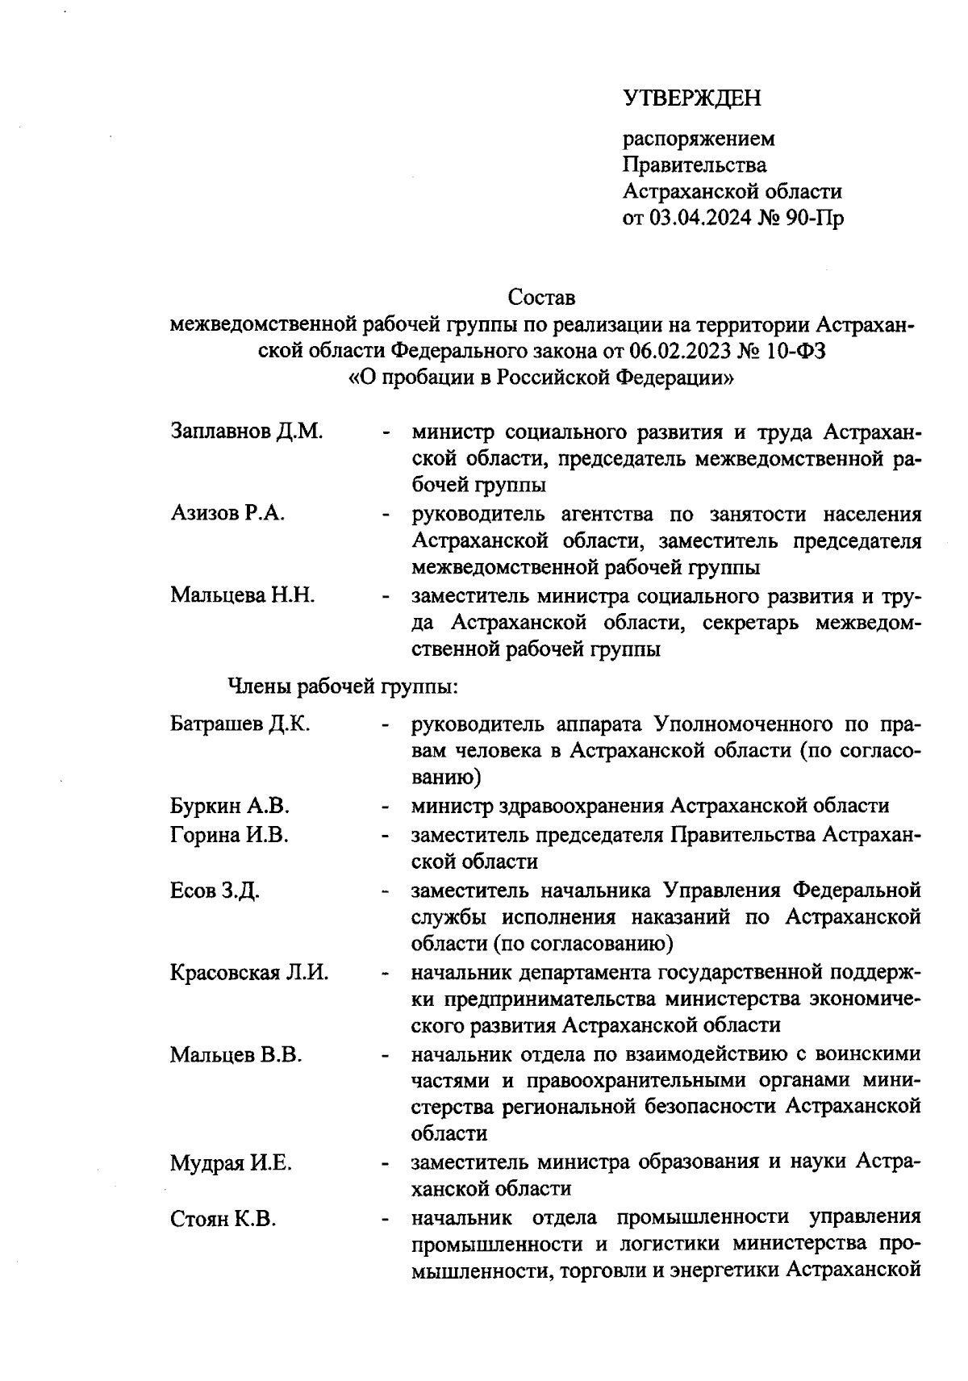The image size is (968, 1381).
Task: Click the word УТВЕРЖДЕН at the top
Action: tap(692, 98)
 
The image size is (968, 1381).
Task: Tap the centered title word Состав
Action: tap(541, 298)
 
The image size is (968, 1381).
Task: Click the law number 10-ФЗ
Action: tap(793, 351)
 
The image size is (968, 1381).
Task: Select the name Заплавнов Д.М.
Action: tap(247, 431)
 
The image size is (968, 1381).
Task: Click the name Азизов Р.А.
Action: tap(227, 513)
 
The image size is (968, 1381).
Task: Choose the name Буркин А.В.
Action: tap(230, 805)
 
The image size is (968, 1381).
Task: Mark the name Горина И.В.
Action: tap(229, 835)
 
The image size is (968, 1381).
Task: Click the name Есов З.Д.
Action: tap(215, 891)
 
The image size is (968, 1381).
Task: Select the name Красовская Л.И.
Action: tap(249, 972)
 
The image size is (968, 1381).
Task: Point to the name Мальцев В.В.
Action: tap(236, 1054)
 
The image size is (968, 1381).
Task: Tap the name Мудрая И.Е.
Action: tap(231, 1163)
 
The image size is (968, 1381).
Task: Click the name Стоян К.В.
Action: tap(223, 1219)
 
